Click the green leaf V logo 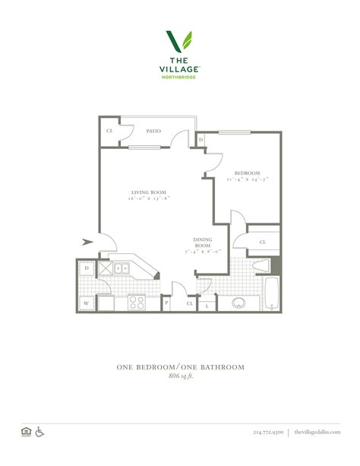click(x=180, y=43)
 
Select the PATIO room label click(x=153, y=131)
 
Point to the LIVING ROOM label click(x=148, y=192)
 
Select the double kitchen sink click(x=122, y=268)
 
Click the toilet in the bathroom click(x=261, y=268)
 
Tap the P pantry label click(x=166, y=303)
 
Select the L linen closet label click(x=207, y=304)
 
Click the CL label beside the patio click(x=109, y=131)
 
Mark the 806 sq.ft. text click(x=180, y=376)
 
